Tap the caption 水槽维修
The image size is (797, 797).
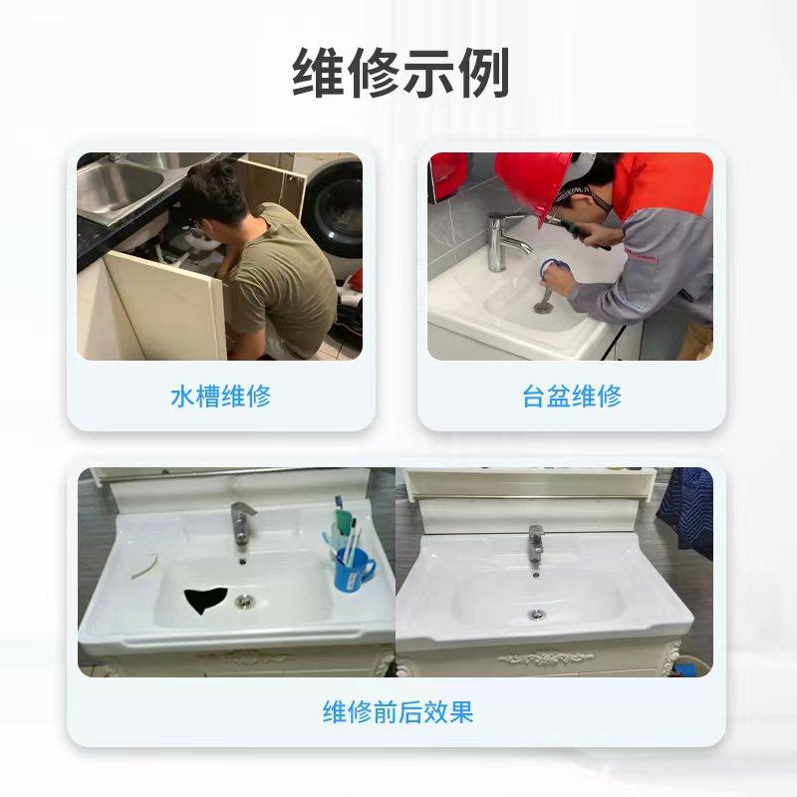point(220,396)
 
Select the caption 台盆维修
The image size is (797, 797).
point(572,396)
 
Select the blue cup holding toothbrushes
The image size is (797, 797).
point(353,567)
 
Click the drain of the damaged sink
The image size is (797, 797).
point(244,602)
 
